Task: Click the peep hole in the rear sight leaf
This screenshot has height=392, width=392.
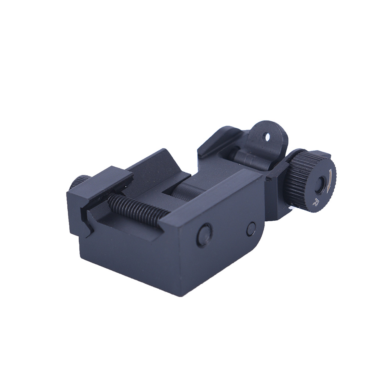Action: tap(268, 137)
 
